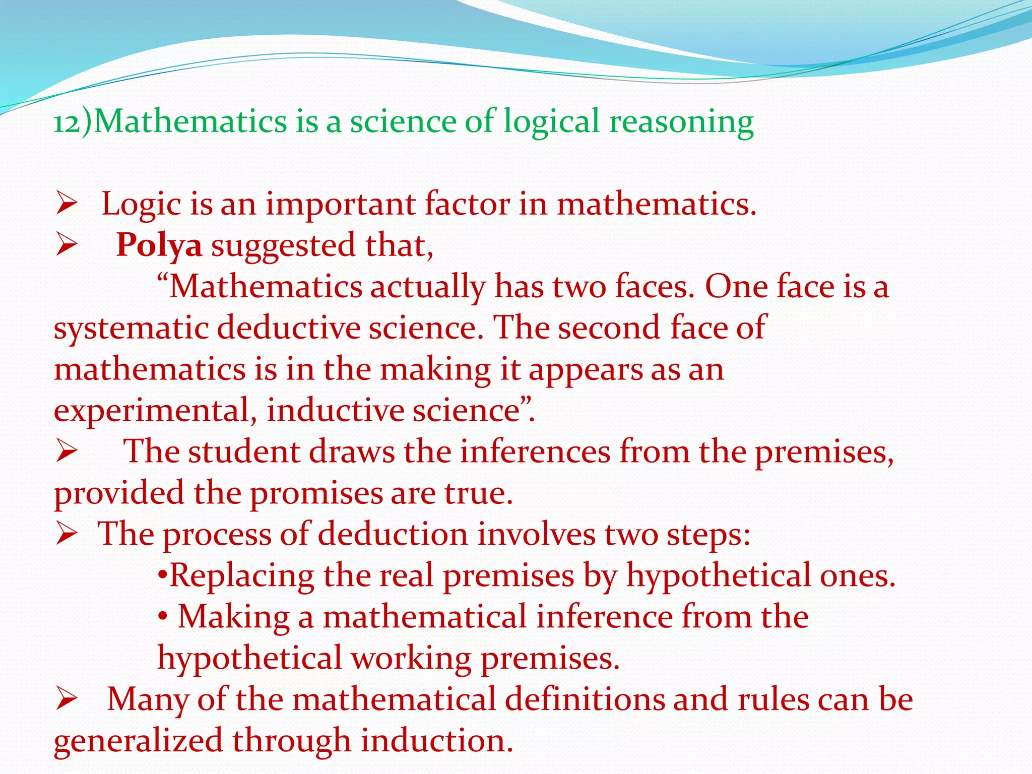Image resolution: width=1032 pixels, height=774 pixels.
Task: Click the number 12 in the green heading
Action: click(67, 122)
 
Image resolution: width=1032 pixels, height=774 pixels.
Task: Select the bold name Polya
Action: click(159, 245)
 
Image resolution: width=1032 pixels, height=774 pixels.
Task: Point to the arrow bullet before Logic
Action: click(66, 205)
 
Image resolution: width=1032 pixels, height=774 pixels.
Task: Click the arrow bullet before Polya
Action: click(66, 246)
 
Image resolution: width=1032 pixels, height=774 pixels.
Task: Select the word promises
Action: click(315, 493)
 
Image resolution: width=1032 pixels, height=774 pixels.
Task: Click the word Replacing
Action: click(242, 576)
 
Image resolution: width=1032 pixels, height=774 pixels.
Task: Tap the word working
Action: click(411, 659)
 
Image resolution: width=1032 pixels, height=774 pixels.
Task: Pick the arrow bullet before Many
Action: click(66, 699)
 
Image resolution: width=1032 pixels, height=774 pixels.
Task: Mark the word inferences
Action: click(535, 451)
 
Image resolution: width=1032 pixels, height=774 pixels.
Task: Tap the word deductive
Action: click(289, 328)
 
